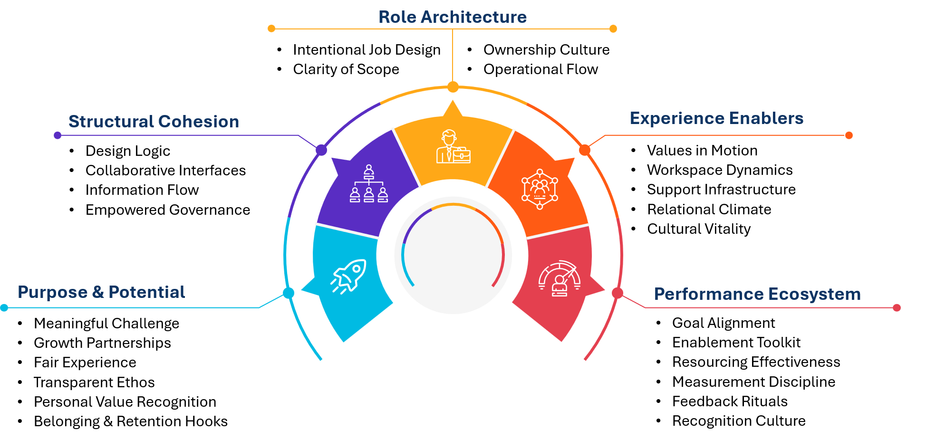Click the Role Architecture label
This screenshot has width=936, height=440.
pos(452,17)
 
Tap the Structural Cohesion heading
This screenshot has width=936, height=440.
pos(154,122)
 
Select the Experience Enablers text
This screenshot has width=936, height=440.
pos(716,118)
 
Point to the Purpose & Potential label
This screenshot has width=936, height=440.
pos(101,292)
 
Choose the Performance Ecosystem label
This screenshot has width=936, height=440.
pos(757,294)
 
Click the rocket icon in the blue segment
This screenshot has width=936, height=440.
pos(349,276)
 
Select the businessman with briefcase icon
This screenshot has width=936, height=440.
pos(453,147)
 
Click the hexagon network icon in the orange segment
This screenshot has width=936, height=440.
pos(540,189)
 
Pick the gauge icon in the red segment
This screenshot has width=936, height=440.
pos(560,279)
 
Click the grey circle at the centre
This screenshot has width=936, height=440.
pos(453,255)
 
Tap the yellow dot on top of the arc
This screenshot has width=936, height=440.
pos(453,87)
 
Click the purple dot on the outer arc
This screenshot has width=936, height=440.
pos(321,150)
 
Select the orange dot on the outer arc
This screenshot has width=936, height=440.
pos(585,150)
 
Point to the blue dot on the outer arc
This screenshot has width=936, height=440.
pos(289,293)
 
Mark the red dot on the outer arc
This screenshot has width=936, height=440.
pos(618,293)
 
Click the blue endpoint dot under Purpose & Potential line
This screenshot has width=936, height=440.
pos(4,308)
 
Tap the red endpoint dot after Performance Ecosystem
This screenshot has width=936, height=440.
pos(897,308)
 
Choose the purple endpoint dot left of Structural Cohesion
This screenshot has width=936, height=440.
pos(58,135)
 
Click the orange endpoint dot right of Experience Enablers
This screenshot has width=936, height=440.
pos(849,135)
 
